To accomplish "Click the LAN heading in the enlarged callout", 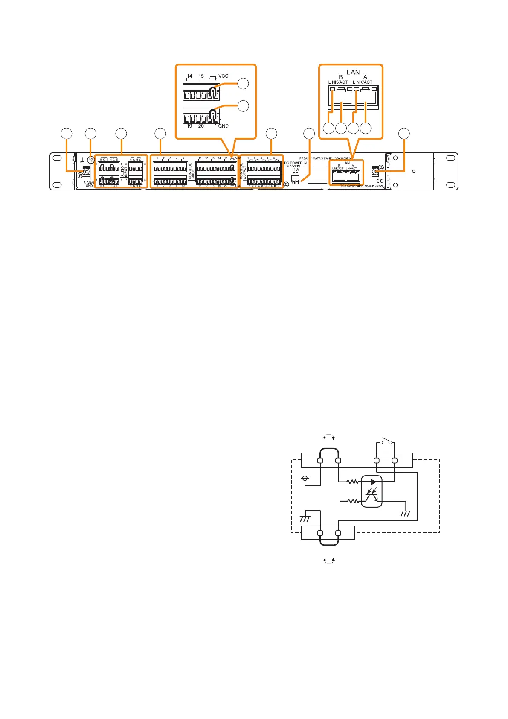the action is coord(353,72).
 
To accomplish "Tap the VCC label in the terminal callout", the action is coord(224,76).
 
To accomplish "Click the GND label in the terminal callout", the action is coord(224,126).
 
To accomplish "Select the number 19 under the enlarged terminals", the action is coord(189,126).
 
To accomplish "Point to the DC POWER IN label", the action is coord(295,163).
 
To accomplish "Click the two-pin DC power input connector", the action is coord(295,181).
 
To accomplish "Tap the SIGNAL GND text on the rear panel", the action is coord(89,184).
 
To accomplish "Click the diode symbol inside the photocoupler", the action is coord(374,482).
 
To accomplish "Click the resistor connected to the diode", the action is coord(353,482).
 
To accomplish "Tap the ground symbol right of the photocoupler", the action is coord(405,513).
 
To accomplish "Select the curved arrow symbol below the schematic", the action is coord(329,560).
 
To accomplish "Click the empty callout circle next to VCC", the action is coord(243,83).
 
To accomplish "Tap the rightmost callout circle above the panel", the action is coord(404,134).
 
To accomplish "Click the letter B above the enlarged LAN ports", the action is coord(340,77).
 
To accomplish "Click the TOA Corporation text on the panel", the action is coord(351,186).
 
